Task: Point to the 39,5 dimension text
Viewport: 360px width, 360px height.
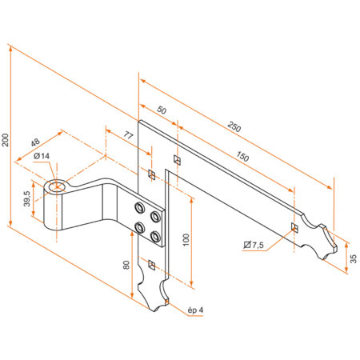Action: (x=27, y=198)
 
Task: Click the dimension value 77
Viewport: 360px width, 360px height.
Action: (x=128, y=135)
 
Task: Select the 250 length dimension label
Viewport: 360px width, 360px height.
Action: (x=234, y=126)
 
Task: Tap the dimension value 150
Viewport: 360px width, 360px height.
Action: (x=243, y=158)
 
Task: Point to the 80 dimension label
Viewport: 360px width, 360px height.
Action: (x=126, y=264)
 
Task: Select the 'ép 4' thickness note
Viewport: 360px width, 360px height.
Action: (x=194, y=310)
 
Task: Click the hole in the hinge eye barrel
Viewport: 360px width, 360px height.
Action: (x=58, y=189)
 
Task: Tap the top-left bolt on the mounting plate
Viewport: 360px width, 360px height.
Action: (x=139, y=210)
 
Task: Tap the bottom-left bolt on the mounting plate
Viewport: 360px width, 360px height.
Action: (x=139, y=227)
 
